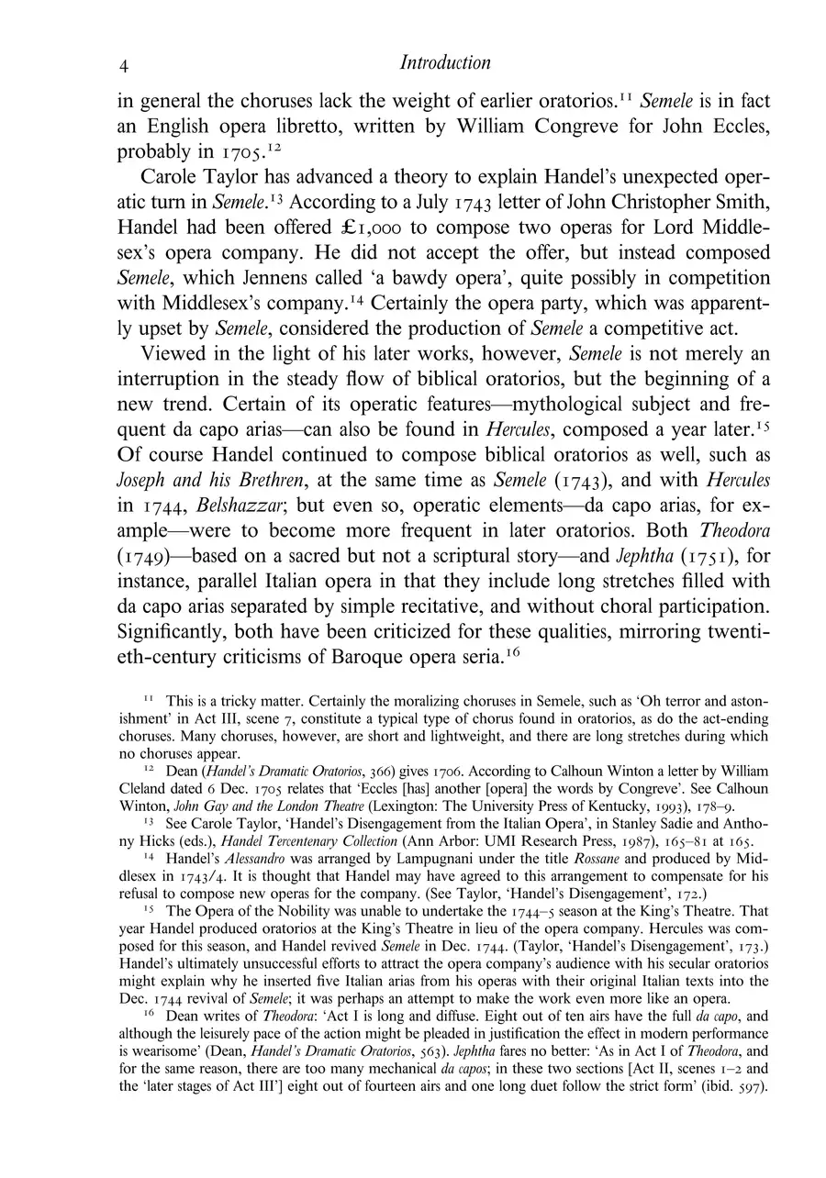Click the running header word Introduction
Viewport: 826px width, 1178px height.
click(x=445, y=62)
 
